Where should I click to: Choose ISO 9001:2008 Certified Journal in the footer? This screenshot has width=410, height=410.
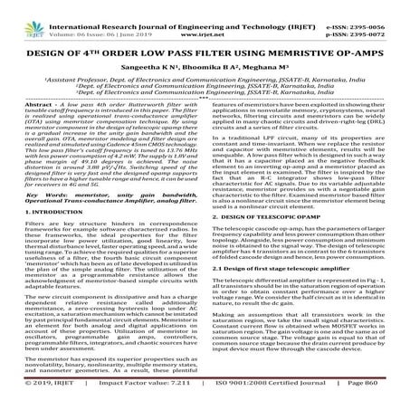264,396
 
